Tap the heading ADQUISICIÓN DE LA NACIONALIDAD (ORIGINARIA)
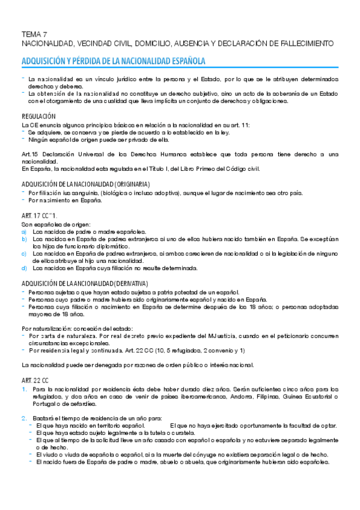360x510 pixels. point(85,184)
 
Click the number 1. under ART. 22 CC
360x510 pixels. point(24,390)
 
